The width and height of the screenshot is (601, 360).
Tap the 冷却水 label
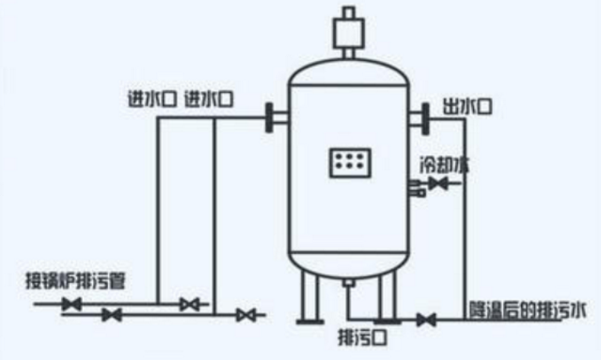(443, 164)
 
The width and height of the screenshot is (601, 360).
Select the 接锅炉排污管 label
(75, 279)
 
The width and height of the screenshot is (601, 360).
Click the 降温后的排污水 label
(530, 309)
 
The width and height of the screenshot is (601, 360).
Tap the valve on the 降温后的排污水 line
(426, 319)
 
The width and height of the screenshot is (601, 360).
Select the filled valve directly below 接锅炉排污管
(71, 304)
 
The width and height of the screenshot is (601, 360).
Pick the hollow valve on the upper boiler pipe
(191, 304)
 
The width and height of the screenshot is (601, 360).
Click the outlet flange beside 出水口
(419, 117)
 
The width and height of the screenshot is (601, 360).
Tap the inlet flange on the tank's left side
(275, 117)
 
